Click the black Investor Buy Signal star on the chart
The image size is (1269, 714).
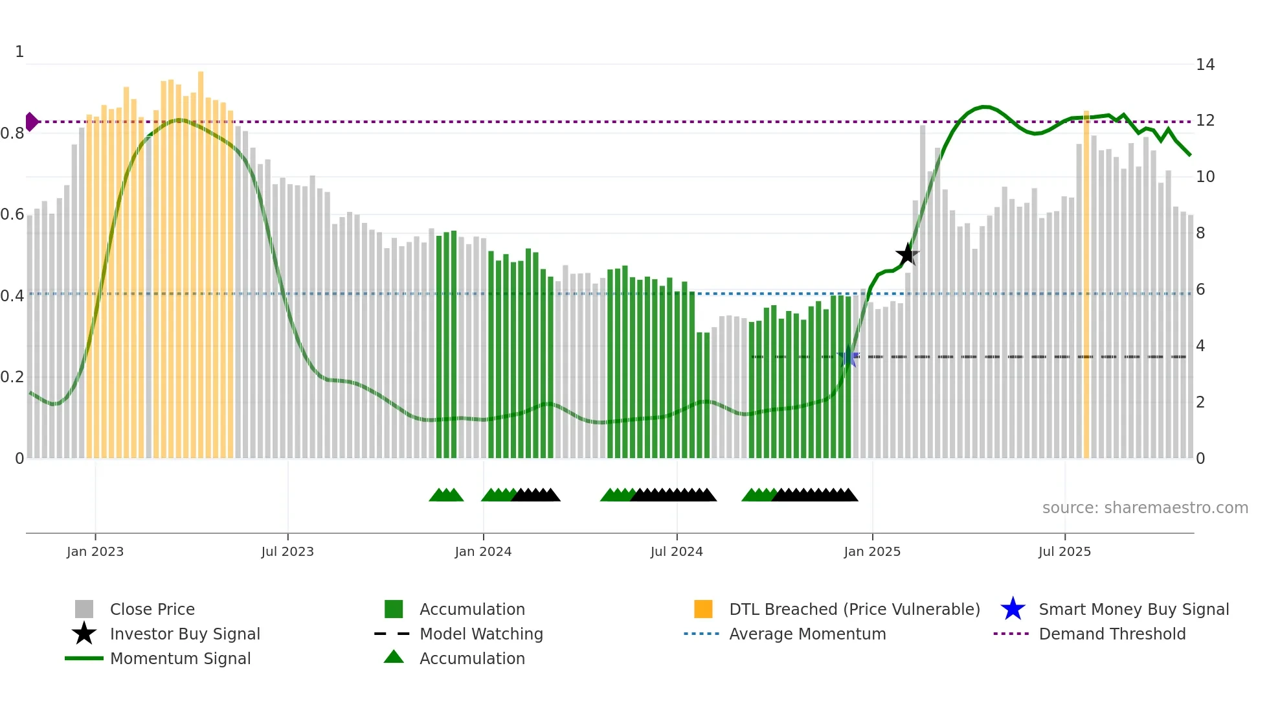coord(907,254)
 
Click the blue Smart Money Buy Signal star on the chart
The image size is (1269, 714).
coord(848,357)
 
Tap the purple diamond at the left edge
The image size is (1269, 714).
coord(31,122)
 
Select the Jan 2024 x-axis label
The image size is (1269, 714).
coord(483,552)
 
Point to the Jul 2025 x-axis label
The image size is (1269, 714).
coord(1064,552)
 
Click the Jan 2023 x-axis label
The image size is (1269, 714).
coord(95,552)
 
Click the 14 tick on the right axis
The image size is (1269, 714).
coord(1205,65)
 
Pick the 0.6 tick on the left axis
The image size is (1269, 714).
coord(13,214)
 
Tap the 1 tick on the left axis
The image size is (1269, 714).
coord(19,52)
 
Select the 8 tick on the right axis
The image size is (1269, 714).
coord(1200,233)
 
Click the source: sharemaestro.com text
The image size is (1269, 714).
coord(1145,508)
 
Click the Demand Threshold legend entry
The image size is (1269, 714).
coord(1112,634)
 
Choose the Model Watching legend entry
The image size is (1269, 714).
coord(481,634)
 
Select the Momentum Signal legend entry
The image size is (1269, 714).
coord(180,659)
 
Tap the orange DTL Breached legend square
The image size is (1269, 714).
coord(703,609)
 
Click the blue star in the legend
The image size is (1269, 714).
coord(1013,609)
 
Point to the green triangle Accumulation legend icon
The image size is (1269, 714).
coord(394,657)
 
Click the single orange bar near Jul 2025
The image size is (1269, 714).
coord(1086,285)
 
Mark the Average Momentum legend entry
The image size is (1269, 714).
coord(807,634)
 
